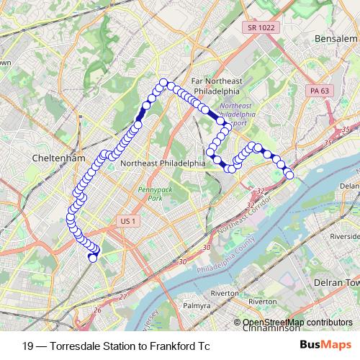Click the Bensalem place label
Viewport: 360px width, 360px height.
coord(336,37)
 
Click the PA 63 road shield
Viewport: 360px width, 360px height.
coord(319,91)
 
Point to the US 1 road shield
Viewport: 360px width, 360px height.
coord(129,220)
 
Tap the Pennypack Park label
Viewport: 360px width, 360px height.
coord(150,192)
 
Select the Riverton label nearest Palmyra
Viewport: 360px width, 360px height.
coord(225,293)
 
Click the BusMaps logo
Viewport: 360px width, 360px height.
coord(325,346)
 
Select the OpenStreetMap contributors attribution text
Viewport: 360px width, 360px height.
coord(297,322)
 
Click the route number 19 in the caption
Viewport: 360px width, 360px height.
coord(27,346)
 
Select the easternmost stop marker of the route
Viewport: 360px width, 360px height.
coord(290,174)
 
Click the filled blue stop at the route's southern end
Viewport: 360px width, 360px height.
coord(92,257)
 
